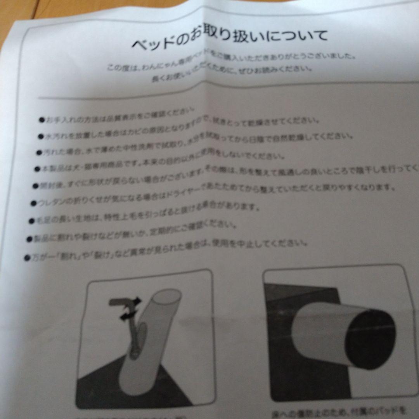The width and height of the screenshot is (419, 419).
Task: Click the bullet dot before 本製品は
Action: point(37,169)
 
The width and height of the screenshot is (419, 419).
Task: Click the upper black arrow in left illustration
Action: point(135,300)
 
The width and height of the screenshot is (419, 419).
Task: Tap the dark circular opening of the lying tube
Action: point(371,338)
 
